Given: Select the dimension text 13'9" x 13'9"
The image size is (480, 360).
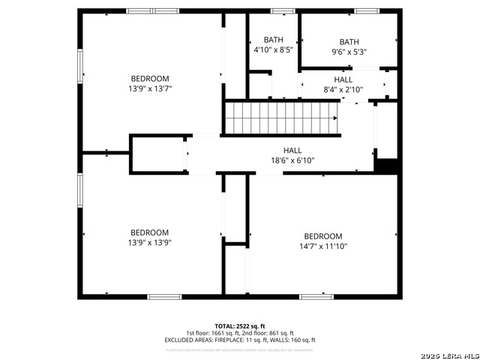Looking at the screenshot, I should pyautogui.click(x=150, y=242).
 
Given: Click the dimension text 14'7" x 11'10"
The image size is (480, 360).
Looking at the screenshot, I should pyautogui.click(x=323, y=246).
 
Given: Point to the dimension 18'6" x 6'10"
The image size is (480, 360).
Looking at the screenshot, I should pyautogui.click(x=292, y=160).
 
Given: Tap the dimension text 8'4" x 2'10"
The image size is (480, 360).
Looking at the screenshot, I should pyautogui.click(x=343, y=89).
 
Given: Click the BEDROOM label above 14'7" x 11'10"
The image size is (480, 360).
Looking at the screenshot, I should pyautogui.click(x=323, y=235).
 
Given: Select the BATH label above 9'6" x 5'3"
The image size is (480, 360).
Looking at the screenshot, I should pyautogui.click(x=349, y=42).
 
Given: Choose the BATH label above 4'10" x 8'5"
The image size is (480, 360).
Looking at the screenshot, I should pyautogui.click(x=272, y=40).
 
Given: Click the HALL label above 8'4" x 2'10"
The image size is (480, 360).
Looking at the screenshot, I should pyautogui.click(x=343, y=79).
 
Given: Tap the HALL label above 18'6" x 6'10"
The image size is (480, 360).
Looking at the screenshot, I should pyautogui.click(x=292, y=150).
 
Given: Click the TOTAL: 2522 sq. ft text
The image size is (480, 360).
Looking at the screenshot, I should pyautogui.click(x=240, y=326).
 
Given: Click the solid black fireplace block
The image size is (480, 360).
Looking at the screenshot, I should pyautogui.click(x=386, y=166).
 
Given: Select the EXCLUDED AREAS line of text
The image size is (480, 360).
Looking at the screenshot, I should pyautogui.click(x=240, y=340).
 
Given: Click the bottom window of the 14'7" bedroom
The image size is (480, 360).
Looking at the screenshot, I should pyautogui.click(x=316, y=297).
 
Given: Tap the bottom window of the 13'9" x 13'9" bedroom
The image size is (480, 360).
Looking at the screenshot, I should pyautogui.click(x=164, y=297).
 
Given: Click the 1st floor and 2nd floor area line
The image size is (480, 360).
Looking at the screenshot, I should pyautogui.click(x=240, y=333).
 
